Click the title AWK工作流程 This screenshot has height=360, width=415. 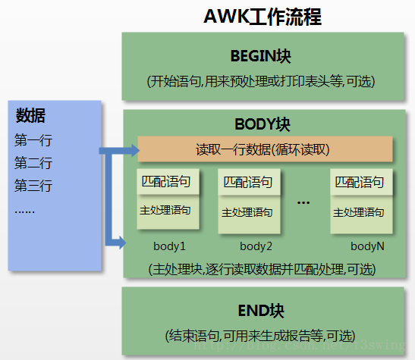(x=263, y=16)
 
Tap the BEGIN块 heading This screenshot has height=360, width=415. (x=261, y=57)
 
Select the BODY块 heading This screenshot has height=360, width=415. (x=263, y=124)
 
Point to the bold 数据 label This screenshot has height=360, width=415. (x=30, y=116)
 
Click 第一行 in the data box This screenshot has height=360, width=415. (x=33, y=140)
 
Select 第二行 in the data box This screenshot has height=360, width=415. (x=33, y=163)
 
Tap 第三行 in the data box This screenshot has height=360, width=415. (x=33, y=186)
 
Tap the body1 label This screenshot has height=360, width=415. (x=169, y=246)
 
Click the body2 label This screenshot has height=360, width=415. (x=256, y=246)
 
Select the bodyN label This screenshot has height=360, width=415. (x=367, y=246)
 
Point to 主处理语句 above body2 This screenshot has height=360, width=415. (x=247, y=213)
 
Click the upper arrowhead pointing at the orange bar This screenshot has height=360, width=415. (x=133, y=149)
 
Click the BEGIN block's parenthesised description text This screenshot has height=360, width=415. (x=261, y=80)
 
